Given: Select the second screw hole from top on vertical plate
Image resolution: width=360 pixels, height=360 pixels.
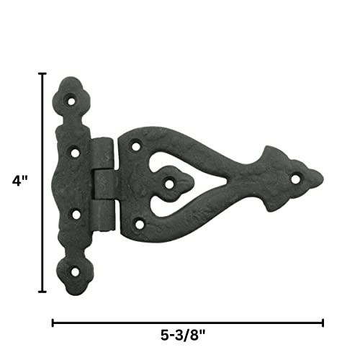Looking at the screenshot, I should pos(75,152).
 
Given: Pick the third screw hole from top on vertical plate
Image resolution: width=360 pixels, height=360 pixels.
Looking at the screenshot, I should pos(75,213).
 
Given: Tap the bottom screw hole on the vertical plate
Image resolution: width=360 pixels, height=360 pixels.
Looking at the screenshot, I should pos(75,271).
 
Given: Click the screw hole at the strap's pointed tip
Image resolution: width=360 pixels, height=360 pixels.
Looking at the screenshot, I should pos(295,177).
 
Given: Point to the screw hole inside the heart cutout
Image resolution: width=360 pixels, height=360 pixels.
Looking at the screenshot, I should pos(168,184).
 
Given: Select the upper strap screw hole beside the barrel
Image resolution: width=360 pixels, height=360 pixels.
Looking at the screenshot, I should pos(135,146).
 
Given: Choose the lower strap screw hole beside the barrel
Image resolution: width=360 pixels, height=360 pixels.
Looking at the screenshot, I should pos(137,224).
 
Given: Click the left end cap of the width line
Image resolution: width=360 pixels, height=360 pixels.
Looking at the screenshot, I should pos(53,323).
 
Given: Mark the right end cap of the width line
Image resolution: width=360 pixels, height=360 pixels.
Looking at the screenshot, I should pos(323,323).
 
